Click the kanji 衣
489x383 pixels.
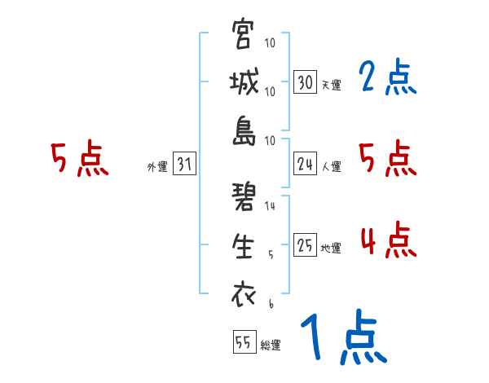pyautogui.click(x=244, y=294)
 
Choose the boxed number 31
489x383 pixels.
pyautogui.click(x=184, y=165)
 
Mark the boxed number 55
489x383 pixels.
pyautogui.click(x=243, y=343)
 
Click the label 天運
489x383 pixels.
pyautogui.click(x=331, y=85)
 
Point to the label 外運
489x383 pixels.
pyautogui.click(x=156, y=167)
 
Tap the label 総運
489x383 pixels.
pyautogui.click(x=271, y=346)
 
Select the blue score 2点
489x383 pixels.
pyautogui.click(x=387, y=78)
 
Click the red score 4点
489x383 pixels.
pyautogui.click(x=387, y=240)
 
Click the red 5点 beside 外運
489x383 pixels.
pyautogui.click(x=79, y=159)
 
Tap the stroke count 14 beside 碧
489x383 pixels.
pyautogui.click(x=270, y=206)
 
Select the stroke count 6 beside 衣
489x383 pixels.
pyautogui.click(x=270, y=303)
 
